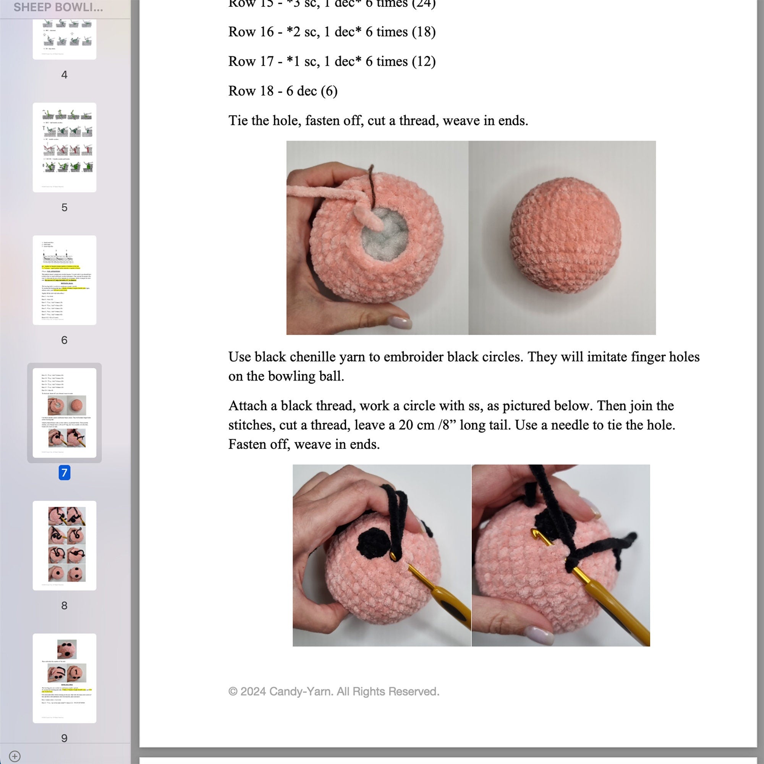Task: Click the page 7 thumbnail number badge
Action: pos(65,473)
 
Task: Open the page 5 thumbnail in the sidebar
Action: pos(65,147)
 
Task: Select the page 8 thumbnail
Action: pos(65,545)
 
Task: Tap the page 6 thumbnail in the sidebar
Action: pos(65,280)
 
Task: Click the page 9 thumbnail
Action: pos(65,678)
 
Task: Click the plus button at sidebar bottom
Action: pos(15,756)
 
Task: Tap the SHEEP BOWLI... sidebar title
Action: pos(58,7)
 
